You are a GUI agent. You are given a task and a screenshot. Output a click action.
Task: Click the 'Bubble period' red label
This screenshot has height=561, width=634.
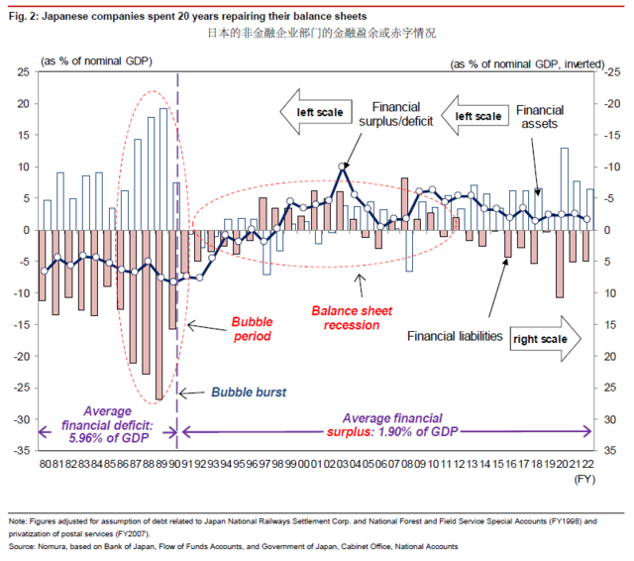click(251, 328)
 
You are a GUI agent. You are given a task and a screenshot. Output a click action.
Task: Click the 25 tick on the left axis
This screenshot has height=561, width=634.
click(23, 72)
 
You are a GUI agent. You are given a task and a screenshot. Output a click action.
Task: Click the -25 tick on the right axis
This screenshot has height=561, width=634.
click(610, 72)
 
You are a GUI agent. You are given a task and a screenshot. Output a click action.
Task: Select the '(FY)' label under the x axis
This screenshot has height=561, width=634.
click(584, 477)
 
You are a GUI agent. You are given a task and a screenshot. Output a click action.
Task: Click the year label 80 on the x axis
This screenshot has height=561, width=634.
click(45, 463)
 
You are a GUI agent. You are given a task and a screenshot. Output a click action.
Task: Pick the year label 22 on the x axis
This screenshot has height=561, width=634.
click(589, 463)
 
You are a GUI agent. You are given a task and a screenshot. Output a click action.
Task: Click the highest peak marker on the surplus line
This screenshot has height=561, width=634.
click(343, 167)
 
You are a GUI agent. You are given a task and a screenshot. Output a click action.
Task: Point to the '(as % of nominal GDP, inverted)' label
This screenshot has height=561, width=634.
click(523, 63)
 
